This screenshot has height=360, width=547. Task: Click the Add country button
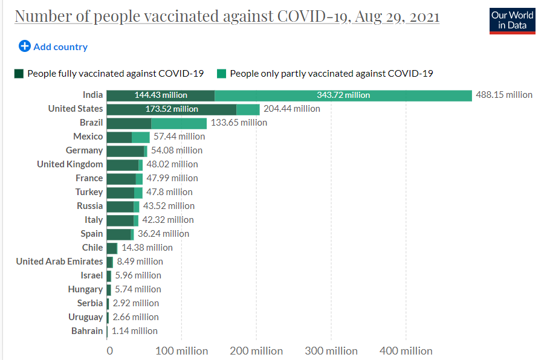53,47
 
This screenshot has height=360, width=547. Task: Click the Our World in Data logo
512,20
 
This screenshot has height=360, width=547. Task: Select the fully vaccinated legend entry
109,74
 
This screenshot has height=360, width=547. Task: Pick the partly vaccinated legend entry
325,74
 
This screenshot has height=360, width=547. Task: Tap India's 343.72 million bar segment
343,95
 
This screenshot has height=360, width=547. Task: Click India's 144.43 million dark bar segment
161,95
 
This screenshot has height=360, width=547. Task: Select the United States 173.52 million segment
172,109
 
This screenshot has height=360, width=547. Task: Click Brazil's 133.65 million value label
239,123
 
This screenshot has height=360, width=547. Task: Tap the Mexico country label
88,137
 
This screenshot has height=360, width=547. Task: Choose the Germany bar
127,150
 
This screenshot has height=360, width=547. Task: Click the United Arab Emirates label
59,262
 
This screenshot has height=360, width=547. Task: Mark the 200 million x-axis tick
256,351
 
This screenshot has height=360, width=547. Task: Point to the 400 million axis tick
406,351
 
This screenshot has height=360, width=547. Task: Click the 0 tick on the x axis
109,351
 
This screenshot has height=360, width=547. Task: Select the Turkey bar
125,192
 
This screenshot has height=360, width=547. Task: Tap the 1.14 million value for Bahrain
134,331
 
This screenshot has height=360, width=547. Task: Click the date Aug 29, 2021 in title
397,16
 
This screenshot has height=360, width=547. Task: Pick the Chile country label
92,248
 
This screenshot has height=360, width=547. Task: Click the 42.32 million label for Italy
168,220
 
